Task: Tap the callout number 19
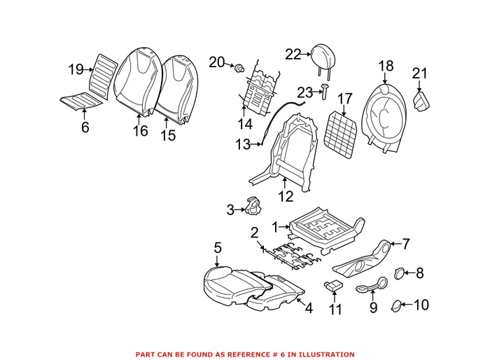point(76,69)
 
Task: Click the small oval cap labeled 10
point(397,305)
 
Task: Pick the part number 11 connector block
point(333,285)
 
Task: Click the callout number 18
point(386,66)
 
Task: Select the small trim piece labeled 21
point(423,102)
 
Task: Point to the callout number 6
point(85,127)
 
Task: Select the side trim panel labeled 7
point(364,259)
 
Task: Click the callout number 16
point(140,130)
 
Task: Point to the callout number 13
point(243,145)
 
